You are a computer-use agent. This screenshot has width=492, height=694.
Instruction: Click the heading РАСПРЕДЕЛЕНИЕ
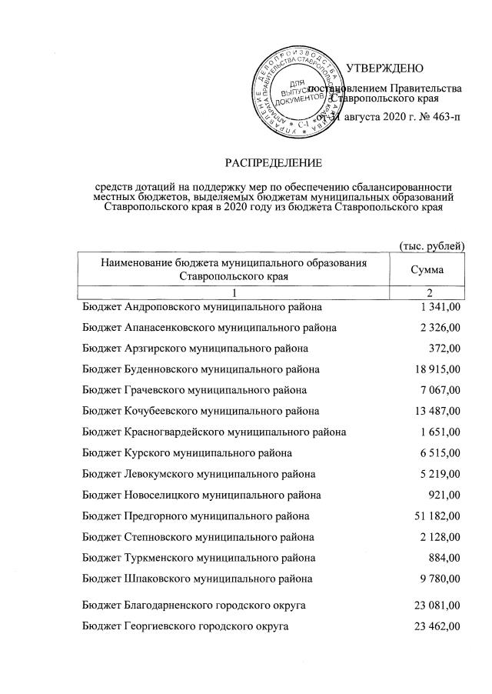274,162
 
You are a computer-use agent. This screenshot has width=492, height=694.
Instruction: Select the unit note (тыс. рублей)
431,245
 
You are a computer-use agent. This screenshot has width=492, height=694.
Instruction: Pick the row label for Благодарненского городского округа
194,606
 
